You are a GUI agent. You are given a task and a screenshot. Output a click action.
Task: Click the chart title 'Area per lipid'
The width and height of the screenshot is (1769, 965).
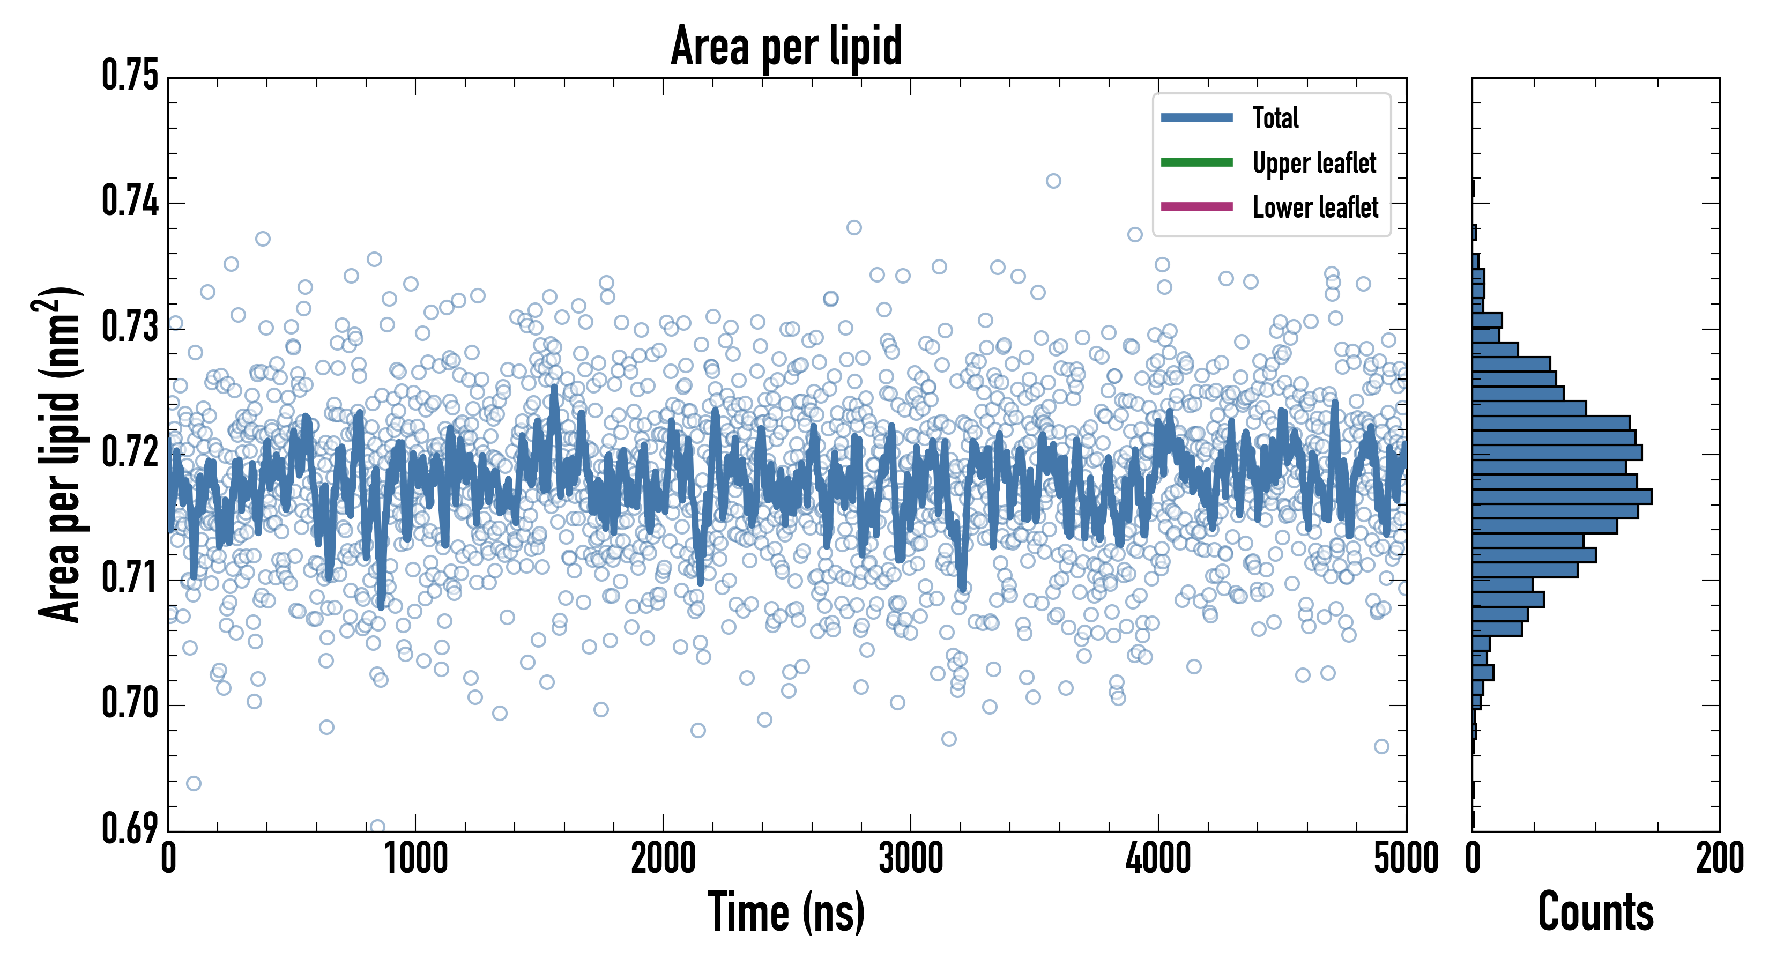(x=786, y=46)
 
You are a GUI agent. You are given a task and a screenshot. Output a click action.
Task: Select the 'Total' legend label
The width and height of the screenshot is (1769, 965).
(x=1275, y=117)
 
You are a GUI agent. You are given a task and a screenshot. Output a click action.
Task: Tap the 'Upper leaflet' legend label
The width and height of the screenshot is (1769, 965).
(x=1314, y=163)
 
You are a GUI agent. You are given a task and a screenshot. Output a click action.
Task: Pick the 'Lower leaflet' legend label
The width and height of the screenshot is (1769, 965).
(x=1315, y=207)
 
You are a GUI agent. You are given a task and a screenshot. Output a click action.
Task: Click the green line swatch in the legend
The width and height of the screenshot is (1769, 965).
(x=1196, y=162)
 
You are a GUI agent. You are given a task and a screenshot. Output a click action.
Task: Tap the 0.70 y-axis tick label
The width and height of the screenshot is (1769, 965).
(x=130, y=703)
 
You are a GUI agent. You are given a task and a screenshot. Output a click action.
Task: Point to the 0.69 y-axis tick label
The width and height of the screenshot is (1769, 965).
(x=130, y=828)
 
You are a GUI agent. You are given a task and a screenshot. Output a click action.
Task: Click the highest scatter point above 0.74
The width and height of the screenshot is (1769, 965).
(x=1053, y=181)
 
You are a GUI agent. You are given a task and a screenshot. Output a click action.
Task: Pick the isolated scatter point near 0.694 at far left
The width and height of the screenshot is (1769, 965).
(x=194, y=783)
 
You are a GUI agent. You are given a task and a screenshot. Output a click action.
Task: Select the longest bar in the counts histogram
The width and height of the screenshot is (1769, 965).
(x=1562, y=496)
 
